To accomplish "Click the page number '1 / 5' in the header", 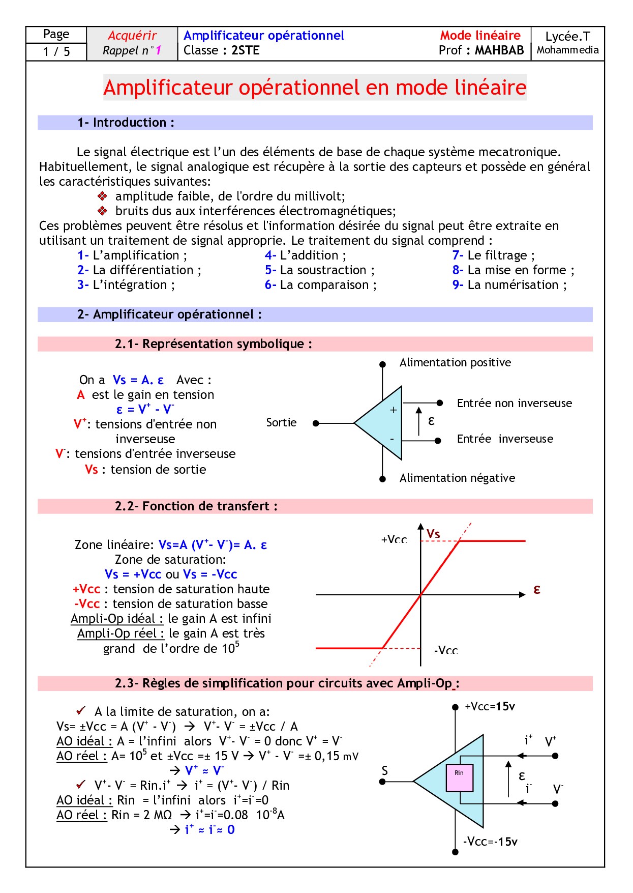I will click(56, 51).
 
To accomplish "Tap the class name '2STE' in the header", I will click(245, 50).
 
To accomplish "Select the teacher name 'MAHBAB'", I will click(499, 50).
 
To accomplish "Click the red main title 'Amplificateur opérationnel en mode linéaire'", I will click(315, 88).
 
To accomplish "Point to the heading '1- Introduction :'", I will click(126, 123).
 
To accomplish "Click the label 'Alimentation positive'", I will click(455, 362).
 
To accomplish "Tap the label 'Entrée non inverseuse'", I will click(514, 403).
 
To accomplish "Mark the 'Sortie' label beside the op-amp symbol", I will click(281, 422).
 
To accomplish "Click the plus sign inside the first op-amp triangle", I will click(393, 410).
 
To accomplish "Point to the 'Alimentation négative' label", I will click(457, 478).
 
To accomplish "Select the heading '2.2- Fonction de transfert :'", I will click(196, 506).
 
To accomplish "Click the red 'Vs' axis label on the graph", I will click(433, 534).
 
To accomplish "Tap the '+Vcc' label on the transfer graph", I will click(394, 539).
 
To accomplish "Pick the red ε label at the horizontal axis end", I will click(537, 589).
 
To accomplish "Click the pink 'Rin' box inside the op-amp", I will click(459, 777).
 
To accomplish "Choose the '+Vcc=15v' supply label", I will click(490, 706).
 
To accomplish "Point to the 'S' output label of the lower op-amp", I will click(384, 770).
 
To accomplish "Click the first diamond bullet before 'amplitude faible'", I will click(102, 196).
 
